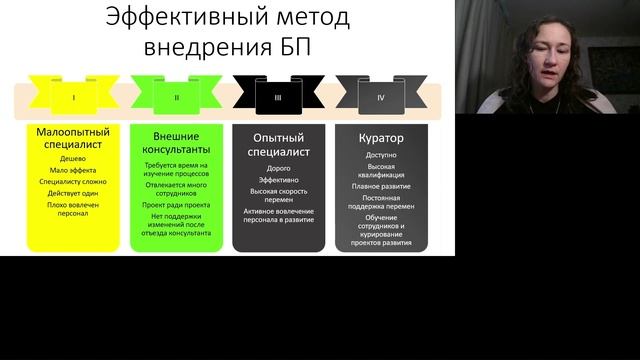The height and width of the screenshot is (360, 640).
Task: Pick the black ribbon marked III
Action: pos(279,98)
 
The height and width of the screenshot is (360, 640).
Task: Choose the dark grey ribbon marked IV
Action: pos(381,98)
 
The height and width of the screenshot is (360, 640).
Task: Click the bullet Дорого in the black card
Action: pos(279,168)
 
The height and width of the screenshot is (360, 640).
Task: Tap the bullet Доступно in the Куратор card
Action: pos(381,156)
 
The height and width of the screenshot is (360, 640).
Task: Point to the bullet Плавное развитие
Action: pos(381,185)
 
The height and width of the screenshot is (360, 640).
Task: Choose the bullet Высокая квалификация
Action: pos(381,171)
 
